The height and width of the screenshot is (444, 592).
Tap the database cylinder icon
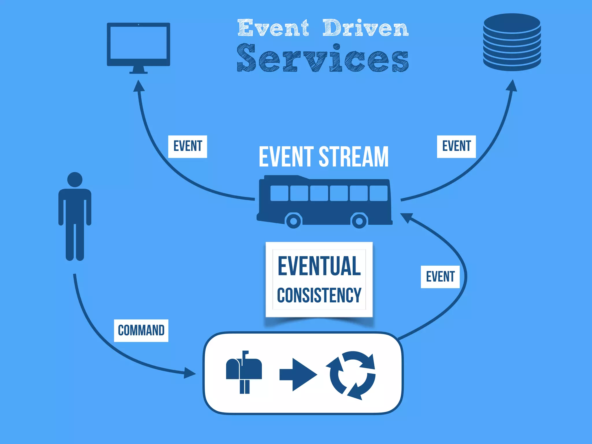coord(512,42)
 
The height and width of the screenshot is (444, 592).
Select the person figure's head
coord(75,180)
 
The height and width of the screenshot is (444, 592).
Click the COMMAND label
coord(141,330)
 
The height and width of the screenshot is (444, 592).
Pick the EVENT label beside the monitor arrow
coord(188,146)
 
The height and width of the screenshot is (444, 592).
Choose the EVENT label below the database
coord(456,146)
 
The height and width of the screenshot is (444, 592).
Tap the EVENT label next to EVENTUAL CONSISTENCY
coord(440,277)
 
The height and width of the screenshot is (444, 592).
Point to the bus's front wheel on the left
coord(293,221)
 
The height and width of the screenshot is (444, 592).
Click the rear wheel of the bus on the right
coord(359,221)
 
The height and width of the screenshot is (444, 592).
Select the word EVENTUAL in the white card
coord(319,266)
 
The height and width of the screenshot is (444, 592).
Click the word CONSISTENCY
coord(319,295)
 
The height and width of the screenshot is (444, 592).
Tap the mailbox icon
coord(244,372)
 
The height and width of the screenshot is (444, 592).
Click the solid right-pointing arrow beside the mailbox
coord(298,375)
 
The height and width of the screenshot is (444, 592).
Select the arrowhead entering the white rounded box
coord(190,373)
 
